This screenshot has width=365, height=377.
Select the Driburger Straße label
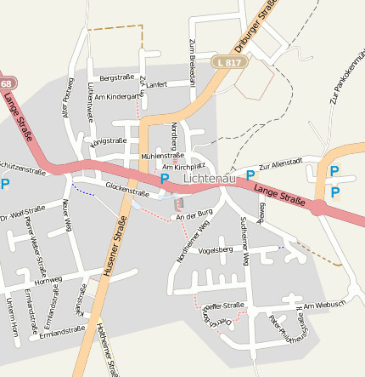click(260, 29)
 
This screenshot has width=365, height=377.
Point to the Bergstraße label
click(117, 77)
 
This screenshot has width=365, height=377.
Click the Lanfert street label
click(157, 85)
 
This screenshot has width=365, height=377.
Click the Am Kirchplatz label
click(183, 167)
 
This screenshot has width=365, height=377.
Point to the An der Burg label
click(193, 217)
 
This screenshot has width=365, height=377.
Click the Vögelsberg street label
click(215, 250)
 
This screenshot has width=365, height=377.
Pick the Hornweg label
click(48, 279)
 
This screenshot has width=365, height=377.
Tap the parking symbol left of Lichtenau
click(165, 180)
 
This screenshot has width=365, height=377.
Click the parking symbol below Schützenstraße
click(5, 183)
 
